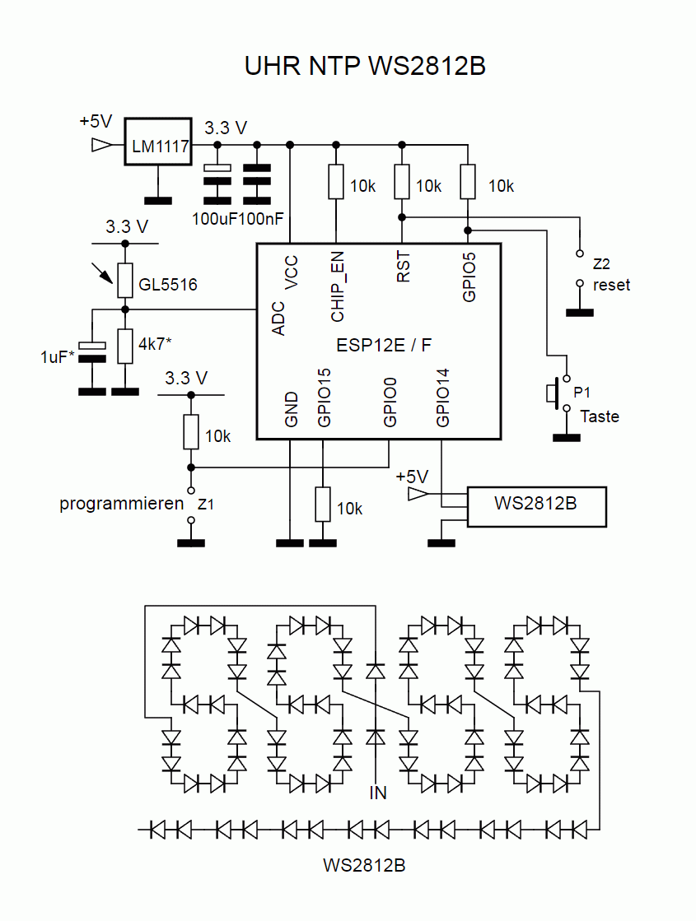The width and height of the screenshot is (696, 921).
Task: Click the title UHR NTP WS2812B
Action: (x=365, y=66)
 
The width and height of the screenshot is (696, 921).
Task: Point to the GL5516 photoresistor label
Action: (x=168, y=285)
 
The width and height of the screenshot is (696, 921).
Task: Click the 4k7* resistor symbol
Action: (x=125, y=346)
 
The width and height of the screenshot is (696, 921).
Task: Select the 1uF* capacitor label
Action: (x=55, y=357)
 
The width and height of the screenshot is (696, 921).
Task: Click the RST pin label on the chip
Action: (x=404, y=268)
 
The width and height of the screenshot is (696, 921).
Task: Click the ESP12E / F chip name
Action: (x=383, y=345)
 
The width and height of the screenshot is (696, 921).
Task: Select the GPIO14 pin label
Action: (x=443, y=398)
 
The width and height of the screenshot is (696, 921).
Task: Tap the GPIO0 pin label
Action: (x=390, y=402)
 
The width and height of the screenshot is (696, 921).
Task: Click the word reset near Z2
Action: (x=611, y=285)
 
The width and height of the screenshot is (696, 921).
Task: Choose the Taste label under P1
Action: (x=600, y=416)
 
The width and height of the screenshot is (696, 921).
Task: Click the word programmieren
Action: (x=121, y=504)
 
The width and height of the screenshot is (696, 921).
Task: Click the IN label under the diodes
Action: (x=377, y=793)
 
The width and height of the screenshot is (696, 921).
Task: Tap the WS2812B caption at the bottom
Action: (x=364, y=866)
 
